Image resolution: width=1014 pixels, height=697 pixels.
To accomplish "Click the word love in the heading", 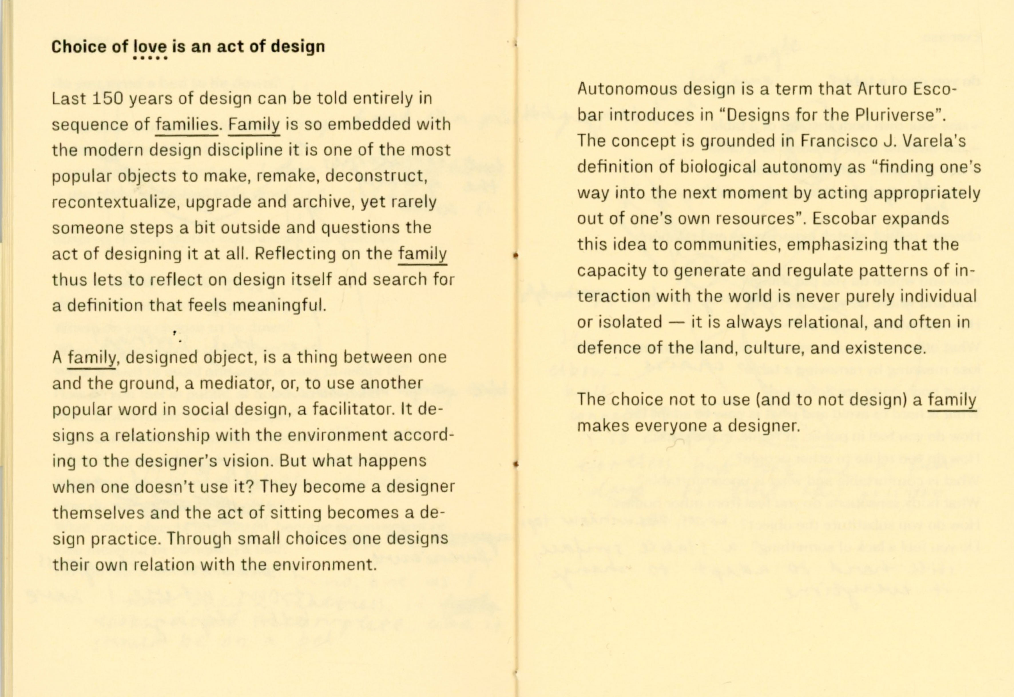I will point(150,46).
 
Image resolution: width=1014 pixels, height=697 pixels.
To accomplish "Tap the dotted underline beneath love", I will point(150,58).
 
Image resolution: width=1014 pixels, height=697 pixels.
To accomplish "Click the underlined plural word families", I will point(187,124).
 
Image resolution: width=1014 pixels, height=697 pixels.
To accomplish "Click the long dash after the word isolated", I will point(676,322).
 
